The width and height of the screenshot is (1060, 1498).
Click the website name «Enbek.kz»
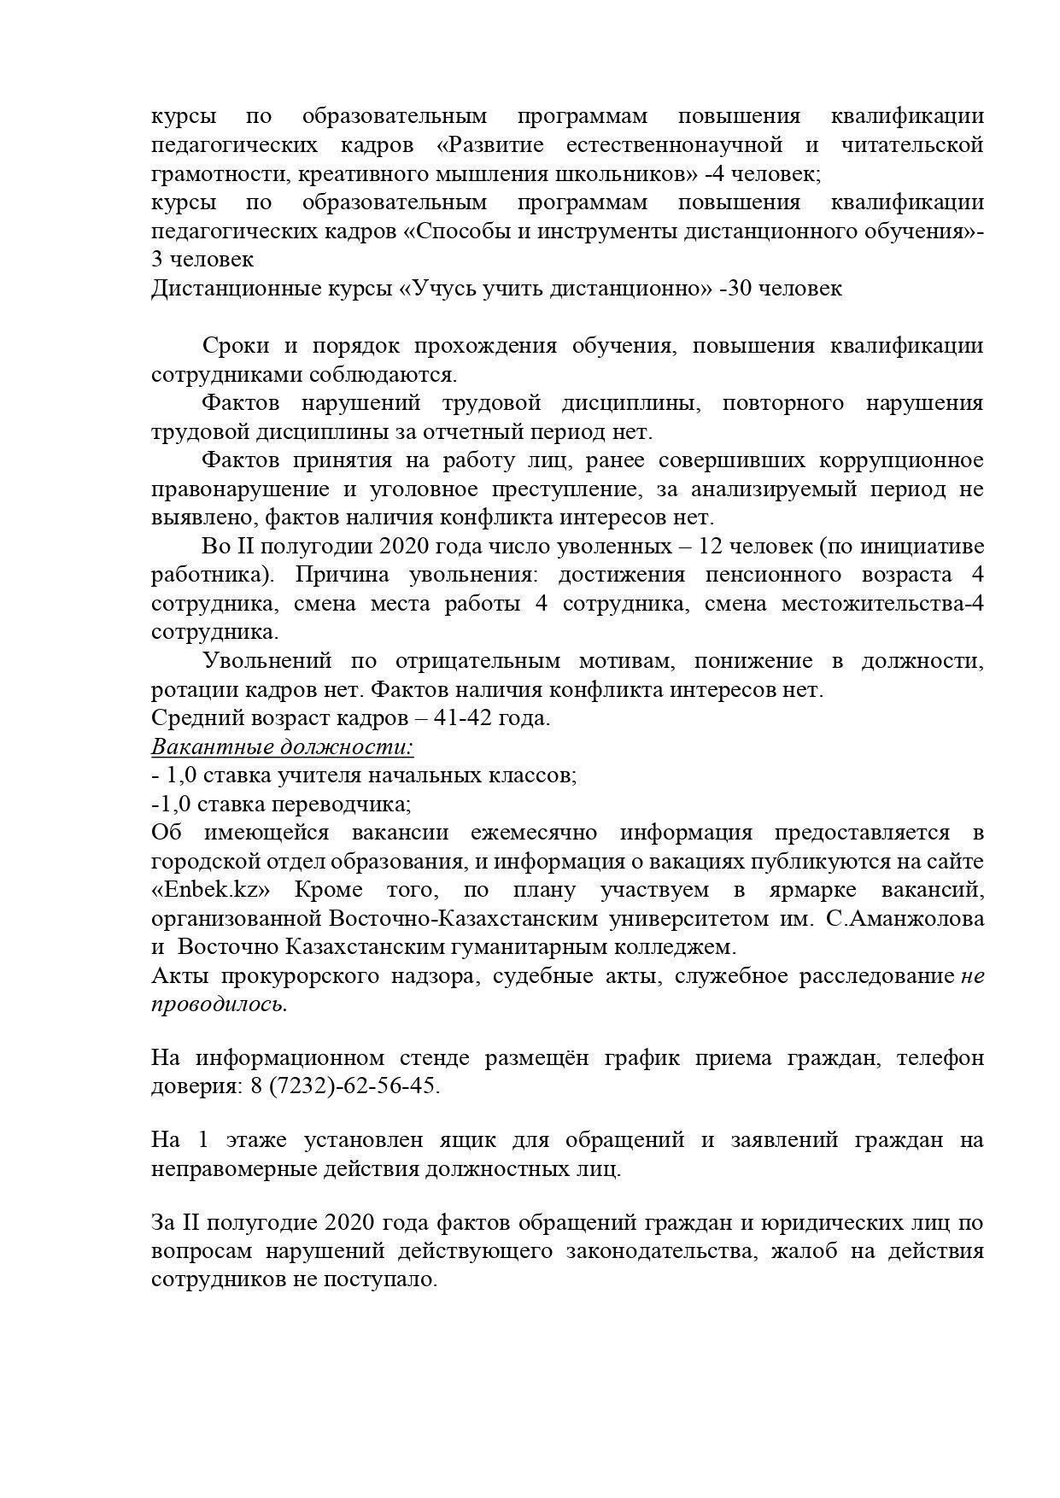pyautogui.click(x=211, y=890)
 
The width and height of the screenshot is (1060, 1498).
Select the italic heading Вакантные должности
pyautogui.click(x=282, y=746)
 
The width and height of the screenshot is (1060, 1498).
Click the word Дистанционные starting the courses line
pyautogui.click(x=229, y=288)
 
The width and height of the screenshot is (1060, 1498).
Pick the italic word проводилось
pyautogui.click(x=219, y=1004)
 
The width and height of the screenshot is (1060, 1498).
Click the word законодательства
pyautogui.click(x=669, y=1251)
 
